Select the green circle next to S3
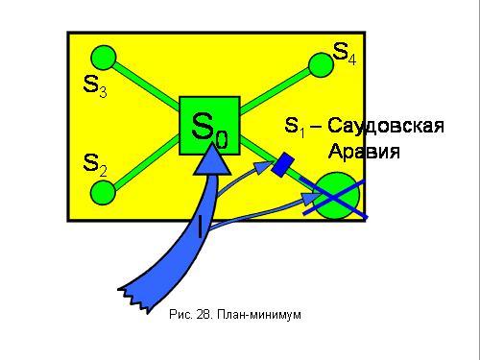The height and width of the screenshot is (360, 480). point(103,58)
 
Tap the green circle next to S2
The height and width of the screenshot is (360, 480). point(103,193)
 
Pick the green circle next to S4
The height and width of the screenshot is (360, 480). point(321,65)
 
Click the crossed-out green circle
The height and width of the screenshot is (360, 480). point(336,196)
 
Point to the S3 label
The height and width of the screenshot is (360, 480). point(95,86)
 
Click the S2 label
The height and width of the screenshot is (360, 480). point(95,165)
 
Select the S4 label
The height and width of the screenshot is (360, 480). point(345,54)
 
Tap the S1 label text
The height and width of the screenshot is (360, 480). point(295,127)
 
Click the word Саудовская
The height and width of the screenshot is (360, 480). point(386,126)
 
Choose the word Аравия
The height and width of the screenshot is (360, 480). point(364,151)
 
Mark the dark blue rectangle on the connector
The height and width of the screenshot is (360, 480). point(283,164)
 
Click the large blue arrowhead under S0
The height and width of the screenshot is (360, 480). point(212,159)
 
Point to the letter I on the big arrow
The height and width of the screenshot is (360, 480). point(200,227)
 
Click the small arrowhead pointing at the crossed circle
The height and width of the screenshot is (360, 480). point(310,199)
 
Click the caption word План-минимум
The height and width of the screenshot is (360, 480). point(259,315)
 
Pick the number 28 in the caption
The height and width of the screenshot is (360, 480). point(204,314)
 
